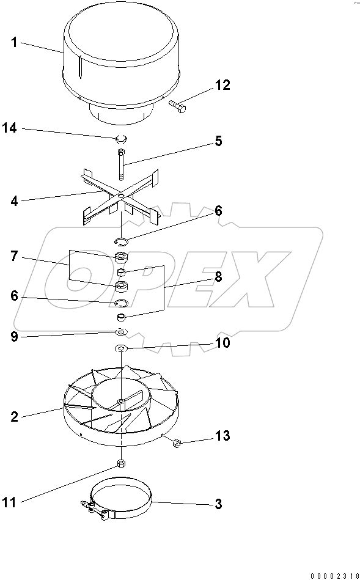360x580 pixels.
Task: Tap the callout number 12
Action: click(222, 86)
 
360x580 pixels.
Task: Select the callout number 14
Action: click(9, 128)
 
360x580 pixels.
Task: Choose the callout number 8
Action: click(218, 276)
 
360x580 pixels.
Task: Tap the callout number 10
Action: click(222, 343)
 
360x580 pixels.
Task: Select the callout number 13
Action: click(222, 436)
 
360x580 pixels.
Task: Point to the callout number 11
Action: click(9, 502)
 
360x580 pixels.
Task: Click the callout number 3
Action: click(218, 505)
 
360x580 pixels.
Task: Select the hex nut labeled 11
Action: click(121, 462)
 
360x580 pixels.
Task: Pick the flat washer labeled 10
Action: click(121, 348)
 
